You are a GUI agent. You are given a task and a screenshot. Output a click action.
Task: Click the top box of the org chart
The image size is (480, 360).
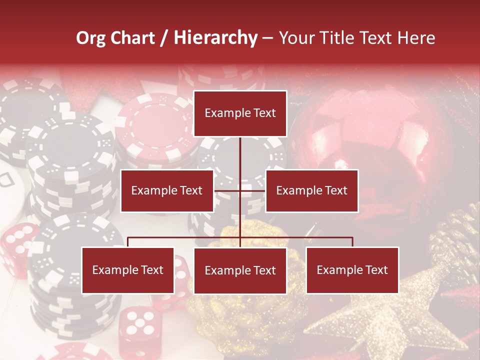(240, 113)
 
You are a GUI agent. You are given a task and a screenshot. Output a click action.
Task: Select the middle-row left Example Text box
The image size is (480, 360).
(167, 190)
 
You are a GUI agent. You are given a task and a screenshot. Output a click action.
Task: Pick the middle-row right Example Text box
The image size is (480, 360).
(311, 190)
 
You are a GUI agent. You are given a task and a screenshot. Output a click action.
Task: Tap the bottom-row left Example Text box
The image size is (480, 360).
(128, 270)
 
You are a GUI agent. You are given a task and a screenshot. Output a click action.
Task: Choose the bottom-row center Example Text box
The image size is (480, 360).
(240, 270)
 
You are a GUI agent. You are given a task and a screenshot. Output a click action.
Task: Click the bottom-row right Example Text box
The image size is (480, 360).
(352, 270)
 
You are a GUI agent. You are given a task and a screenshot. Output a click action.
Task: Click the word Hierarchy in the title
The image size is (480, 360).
(215, 38)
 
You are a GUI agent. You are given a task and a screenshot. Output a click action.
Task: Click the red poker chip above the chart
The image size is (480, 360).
(155, 125)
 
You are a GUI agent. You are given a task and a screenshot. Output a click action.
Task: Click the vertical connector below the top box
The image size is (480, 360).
(240, 152)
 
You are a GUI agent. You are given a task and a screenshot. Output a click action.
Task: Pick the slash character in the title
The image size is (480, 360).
(164, 38)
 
